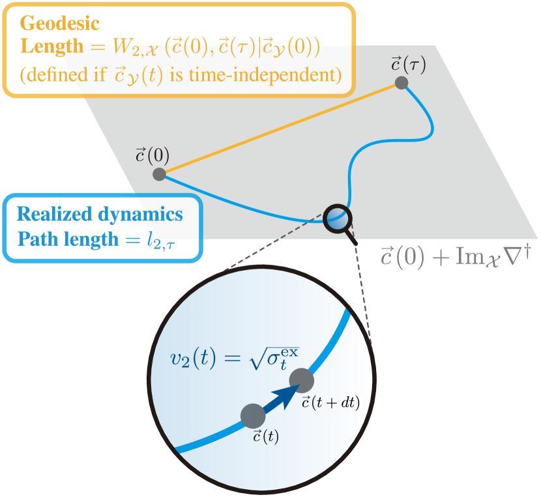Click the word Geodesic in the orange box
point(60,24)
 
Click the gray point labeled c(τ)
point(402,83)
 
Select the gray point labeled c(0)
point(159,174)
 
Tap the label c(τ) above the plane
point(408,65)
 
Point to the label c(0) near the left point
point(152,155)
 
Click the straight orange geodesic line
point(280,128)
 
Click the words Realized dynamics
point(100,214)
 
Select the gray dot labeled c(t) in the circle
point(253,415)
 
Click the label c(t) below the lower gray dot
point(265,437)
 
